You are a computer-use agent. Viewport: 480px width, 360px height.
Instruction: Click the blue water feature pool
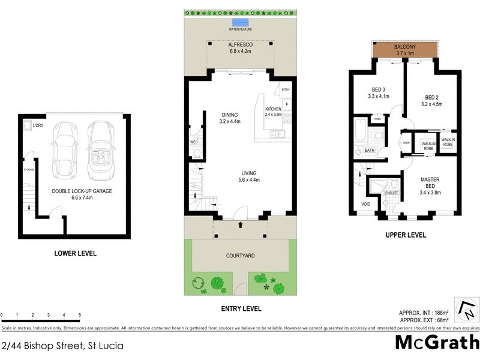pyautogui.click(x=241, y=22)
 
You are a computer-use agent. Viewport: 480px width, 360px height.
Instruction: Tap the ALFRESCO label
pyautogui.click(x=241, y=45)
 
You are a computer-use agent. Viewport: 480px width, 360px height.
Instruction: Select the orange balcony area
pyautogui.click(x=405, y=50)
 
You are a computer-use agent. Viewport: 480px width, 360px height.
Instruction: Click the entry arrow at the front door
pyautogui.click(x=241, y=226)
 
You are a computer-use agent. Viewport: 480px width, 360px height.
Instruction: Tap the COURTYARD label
pyautogui.click(x=241, y=256)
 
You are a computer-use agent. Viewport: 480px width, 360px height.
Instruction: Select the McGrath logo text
pyautogui.click(x=437, y=343)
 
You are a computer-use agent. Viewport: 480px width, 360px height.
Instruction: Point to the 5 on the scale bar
pyautogui.click(x=80, y=315)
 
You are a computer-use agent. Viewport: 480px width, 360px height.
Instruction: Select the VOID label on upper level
pyautogui.click(x=366, y=204)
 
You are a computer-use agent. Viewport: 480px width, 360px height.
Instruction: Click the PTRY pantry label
pyautogui.click(x=286, y=90)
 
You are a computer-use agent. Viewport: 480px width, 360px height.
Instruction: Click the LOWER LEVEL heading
pyautogui.click(x=75, y=253)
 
